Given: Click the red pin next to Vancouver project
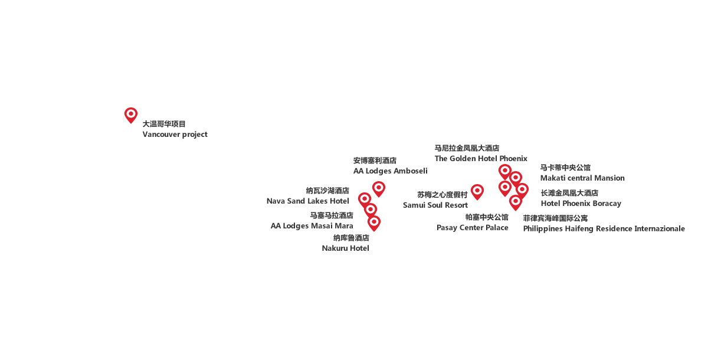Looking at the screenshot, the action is [x=131, y=115].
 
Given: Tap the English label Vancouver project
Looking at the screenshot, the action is [x=175, y=135].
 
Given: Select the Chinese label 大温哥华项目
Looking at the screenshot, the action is [x=164, y=124].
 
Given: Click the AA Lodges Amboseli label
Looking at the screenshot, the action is [x=390, y=171].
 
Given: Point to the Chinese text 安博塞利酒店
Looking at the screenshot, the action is [x=375, y=161].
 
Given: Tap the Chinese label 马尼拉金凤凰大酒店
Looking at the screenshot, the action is [x=467, y=148].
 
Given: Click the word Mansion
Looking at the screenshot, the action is [x=609, y=178].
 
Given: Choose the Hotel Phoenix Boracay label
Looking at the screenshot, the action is [x=581, y=203].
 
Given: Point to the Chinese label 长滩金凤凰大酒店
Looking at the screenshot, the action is [x=569, y=193].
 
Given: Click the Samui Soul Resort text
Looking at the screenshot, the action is [x=435, y=205].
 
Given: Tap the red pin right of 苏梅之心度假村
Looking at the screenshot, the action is [x=477, y=192].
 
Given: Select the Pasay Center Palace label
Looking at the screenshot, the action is [x=472, y=228].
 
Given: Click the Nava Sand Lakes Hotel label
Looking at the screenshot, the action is [x=308, y=201].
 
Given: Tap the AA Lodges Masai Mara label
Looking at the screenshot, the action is [x=312, y=225].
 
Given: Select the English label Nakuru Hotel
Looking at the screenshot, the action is [x=345, y=248].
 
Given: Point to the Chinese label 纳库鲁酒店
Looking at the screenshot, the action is [x=351, y=238].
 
